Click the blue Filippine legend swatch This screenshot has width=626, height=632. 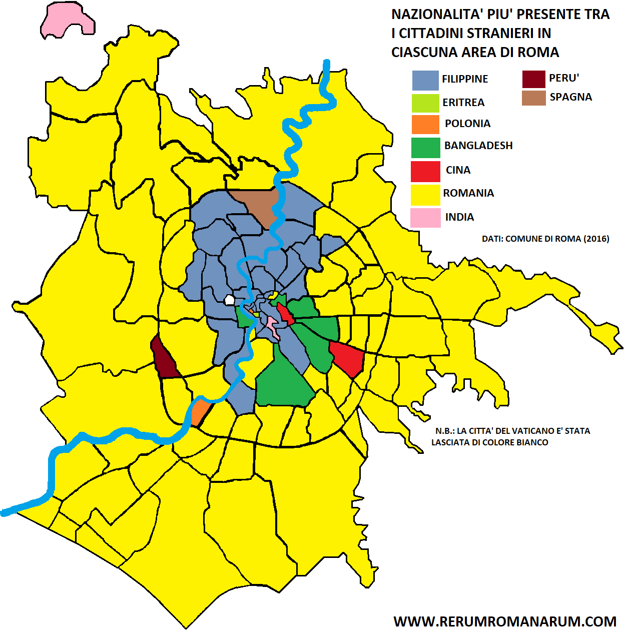pyautogui.click(x=425, y=80)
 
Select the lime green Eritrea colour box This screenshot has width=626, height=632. pyautogui.click(x=425, y=103)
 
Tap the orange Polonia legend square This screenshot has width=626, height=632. pyautogui.click(x=425, y=124)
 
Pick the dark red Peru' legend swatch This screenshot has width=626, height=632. pyautogui.click(x=533, y=79)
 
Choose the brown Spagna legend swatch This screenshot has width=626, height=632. pyautogui.click(x=533, y=98)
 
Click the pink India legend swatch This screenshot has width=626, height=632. pyautogui.click(x=425, y=218)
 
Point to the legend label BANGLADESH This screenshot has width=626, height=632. pyautogui.click(x=478, y=146)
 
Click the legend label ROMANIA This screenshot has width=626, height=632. pyautogui.click(x=468, y=193)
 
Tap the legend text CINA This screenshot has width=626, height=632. pyautogui.click(x=458, y=170)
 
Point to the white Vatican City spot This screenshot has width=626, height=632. pyautogui.click(x=229, y=300)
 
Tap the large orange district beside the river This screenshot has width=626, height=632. pyautogui.click(x=200, y=411)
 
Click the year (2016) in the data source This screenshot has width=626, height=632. pyautogui.click(x=596, y=239)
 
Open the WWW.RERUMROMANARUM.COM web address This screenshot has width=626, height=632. pyautogui.click(x=504, y=621)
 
